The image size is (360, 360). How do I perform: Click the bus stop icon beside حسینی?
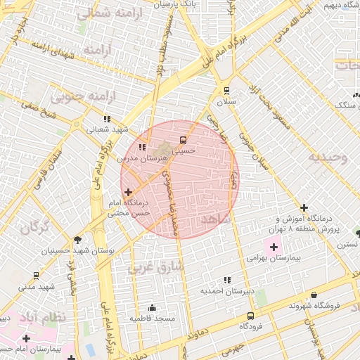pos(183,139)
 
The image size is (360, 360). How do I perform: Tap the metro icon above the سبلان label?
pos(226,90)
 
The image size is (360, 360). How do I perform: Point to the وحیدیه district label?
pos(329,157)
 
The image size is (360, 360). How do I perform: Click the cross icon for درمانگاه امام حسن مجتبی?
pos(128,191)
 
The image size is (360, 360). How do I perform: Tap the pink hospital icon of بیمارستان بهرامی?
pos(273,247)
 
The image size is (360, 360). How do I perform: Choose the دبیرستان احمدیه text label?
pos(226,290)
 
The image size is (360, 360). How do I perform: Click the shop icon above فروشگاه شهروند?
pos(313,295)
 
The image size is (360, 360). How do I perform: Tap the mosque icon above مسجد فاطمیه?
pos(152,307)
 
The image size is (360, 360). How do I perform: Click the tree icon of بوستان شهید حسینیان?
pos(77,239)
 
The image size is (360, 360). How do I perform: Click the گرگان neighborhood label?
pos(35,228)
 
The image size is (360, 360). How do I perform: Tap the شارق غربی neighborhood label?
pos(156,267)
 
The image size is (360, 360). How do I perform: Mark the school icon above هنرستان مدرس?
pos(143,148)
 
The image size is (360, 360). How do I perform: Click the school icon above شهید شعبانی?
pos(107,119)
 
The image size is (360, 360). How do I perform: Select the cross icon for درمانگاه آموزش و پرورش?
pos(303,207)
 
